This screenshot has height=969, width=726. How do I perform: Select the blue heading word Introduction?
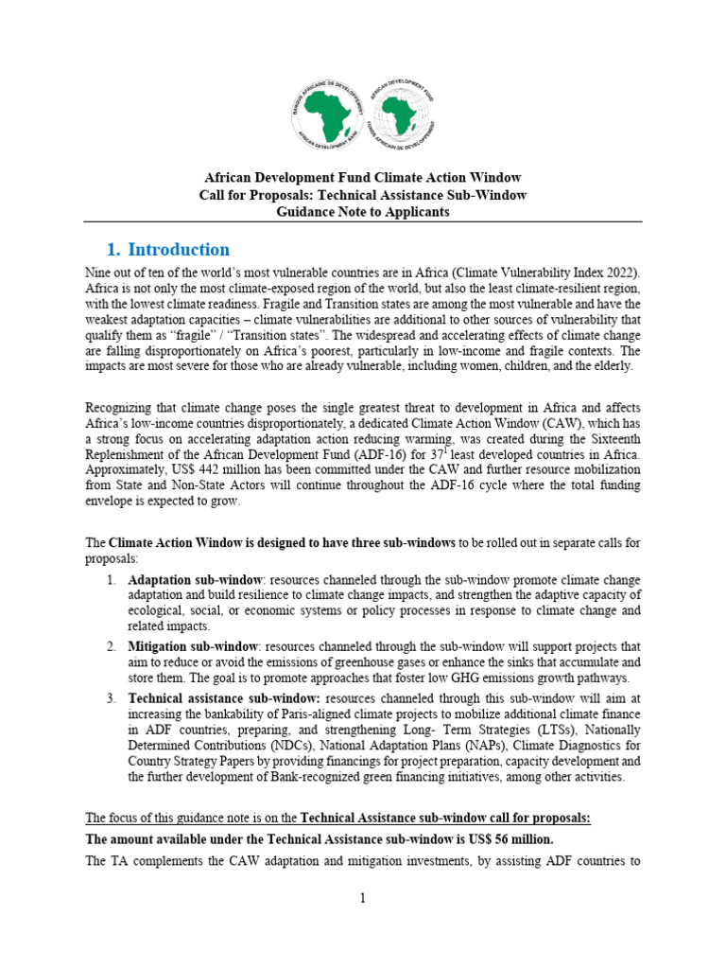pyautogui.click(x=178, y=250)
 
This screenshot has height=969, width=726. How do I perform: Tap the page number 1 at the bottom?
pyautogui.click(x=362, y=898)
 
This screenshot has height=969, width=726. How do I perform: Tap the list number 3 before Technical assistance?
pyautogui.click(x=111, y=697)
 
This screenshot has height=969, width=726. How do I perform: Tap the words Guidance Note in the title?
pyautogui.click(x=318, y=212)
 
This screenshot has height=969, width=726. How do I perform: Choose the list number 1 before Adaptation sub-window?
pyautogui.click(x=111, y=579)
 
